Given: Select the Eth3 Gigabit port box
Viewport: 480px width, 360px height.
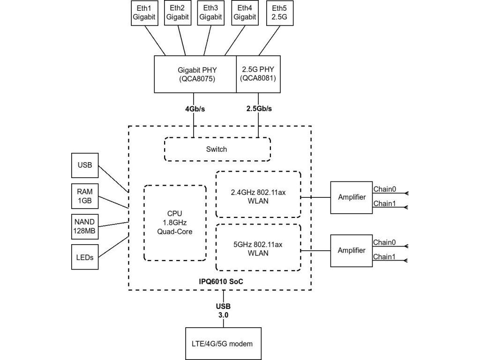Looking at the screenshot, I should pos(211,13).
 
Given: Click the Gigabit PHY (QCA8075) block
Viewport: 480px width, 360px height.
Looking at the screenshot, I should pos(195,74).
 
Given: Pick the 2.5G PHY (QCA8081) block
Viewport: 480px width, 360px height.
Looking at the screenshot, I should pos(259,74).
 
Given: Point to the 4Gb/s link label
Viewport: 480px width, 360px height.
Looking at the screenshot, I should pos(195,109).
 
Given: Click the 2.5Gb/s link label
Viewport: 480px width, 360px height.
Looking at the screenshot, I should pos(259,109).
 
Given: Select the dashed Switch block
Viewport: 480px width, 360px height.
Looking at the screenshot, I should pos(217,149).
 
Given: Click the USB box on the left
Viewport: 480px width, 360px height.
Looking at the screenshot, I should pos(85,165).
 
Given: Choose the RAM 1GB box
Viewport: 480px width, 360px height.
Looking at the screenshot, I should pos(85,196).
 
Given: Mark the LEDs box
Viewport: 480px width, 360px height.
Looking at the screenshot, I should pos(85,257).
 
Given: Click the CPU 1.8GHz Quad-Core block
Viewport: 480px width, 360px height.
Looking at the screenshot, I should pos(174,223).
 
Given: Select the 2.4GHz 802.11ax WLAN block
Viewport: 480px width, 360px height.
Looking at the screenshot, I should pos(258,195).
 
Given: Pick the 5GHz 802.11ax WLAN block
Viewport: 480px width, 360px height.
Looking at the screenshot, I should pos(258,247).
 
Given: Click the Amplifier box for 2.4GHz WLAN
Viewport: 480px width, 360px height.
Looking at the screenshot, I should pos(352,197).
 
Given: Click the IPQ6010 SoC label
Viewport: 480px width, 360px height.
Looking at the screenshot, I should pos(220,282).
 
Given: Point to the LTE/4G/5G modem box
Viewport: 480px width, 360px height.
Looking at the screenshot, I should pos(223,344).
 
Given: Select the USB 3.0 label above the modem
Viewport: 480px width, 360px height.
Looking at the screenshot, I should pos(223,311).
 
